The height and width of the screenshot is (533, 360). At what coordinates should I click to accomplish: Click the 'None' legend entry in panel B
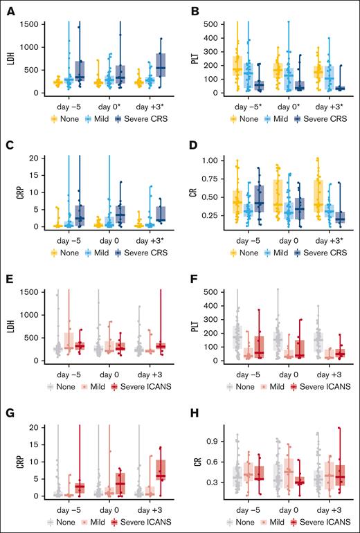pyautogui.click(x=242, y=118)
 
